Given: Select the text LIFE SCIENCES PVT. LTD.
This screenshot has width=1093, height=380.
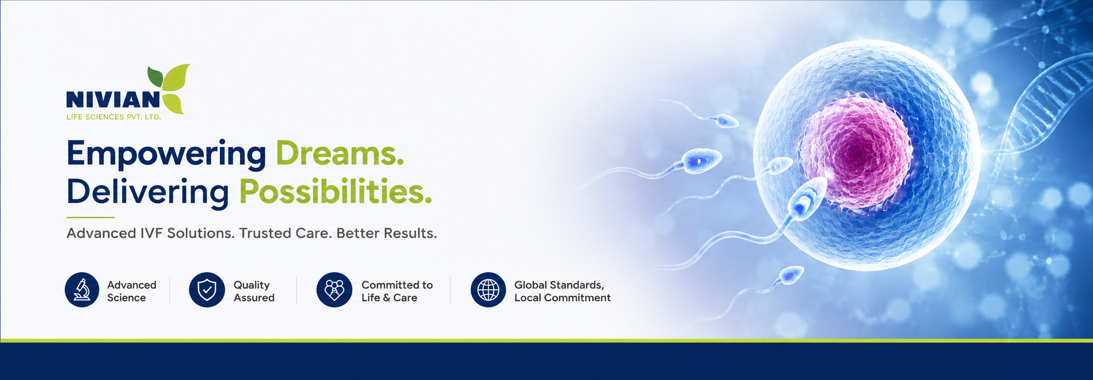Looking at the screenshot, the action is click(114, 117).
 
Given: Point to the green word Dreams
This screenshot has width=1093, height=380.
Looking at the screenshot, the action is click(340, 153).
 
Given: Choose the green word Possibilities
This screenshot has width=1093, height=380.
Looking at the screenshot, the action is click(336, 192).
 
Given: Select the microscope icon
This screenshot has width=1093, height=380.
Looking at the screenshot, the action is click(82, 290).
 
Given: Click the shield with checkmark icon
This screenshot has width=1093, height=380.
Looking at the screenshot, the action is click(207, 290).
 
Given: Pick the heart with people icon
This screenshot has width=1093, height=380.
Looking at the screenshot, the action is click(335, 290).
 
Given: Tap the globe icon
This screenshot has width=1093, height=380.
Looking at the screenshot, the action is click(488, 290).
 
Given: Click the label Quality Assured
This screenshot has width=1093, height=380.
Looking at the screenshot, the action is click(254, 291).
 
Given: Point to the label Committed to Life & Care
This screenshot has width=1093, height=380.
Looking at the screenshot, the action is click(397, 291).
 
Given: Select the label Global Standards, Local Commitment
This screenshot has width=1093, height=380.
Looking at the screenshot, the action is click(563, 291).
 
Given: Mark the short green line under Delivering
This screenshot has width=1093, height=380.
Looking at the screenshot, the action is click(90, 218).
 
